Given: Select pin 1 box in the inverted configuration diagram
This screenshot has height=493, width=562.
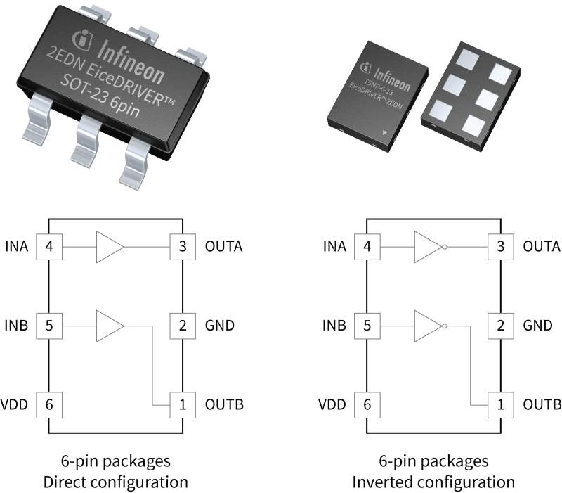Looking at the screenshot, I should coord(500,404).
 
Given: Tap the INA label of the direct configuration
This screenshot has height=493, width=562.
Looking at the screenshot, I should coord(19,247).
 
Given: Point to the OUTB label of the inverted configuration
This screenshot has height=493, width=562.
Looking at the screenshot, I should coord(542,404).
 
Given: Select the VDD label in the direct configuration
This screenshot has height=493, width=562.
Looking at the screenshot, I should coord(17,404).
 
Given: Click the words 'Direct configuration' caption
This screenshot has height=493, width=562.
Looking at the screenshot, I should coord(116,482).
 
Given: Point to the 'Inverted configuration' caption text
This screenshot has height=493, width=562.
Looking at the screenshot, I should coord(434,482).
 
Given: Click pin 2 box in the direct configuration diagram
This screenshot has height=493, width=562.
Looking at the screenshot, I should coord(183,326).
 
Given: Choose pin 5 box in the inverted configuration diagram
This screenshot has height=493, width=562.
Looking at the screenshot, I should coord(367,326).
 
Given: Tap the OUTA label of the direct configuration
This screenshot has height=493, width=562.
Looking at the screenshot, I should coord(223,247).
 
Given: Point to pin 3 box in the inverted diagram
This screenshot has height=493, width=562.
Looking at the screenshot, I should coord(500,247).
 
